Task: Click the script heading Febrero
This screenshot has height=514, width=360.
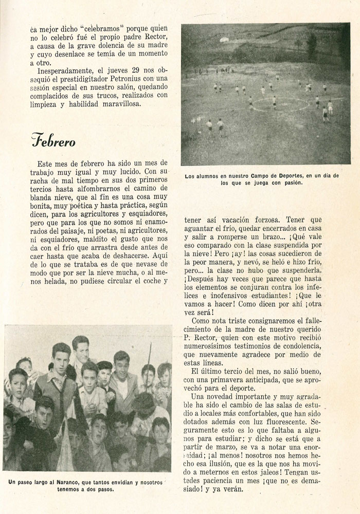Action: click(x=53, y=140)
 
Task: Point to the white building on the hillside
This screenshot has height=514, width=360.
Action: click(x=224, y=39)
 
